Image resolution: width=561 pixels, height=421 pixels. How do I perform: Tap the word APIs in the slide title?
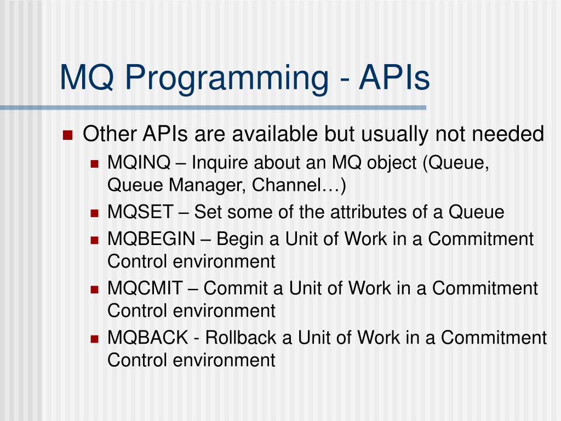click(394, 77)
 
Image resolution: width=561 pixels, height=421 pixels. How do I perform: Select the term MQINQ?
click(139, 162)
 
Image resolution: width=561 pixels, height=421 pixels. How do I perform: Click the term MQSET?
click(140, 212)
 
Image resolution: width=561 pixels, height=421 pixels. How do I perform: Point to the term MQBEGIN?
click(151, 239)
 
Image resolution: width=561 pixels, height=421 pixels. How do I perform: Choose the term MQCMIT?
click(145, 288)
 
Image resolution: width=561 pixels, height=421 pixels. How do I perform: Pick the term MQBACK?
click(148, 338)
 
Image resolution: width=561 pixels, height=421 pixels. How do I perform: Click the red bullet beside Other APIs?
click(67, 135)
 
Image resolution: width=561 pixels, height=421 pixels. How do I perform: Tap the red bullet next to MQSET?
click(94, 214)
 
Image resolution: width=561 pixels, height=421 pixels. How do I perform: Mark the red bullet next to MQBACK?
click(94, 339)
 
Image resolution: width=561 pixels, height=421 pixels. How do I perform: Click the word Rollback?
click(249, 338)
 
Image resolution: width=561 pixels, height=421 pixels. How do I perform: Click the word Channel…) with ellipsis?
click(299, 185)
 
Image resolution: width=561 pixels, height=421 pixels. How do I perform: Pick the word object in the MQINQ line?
click(392, 163)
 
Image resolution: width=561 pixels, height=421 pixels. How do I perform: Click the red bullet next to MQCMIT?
click(94, 289)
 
